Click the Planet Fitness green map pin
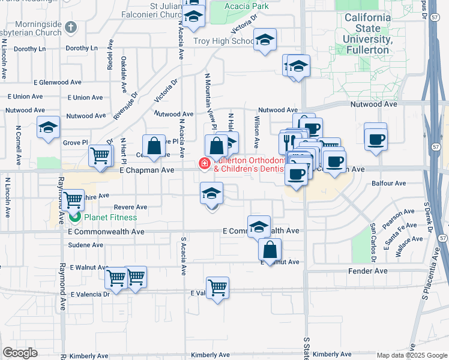(75, 217)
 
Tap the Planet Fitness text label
(110, 217)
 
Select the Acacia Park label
(247, 7)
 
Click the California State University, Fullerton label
(367, 33)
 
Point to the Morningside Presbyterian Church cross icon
(71, 26)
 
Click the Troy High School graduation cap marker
(264, 40)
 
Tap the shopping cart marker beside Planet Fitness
(73, 199)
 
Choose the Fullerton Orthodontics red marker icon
(205, 163)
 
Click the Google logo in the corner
(19, 353)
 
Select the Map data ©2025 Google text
(411, 355)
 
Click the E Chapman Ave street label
(146, 170)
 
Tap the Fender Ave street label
(368, 271)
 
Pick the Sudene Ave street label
(85, 245)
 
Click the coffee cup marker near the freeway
(376, 139)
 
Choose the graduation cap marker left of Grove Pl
(48, 127)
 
